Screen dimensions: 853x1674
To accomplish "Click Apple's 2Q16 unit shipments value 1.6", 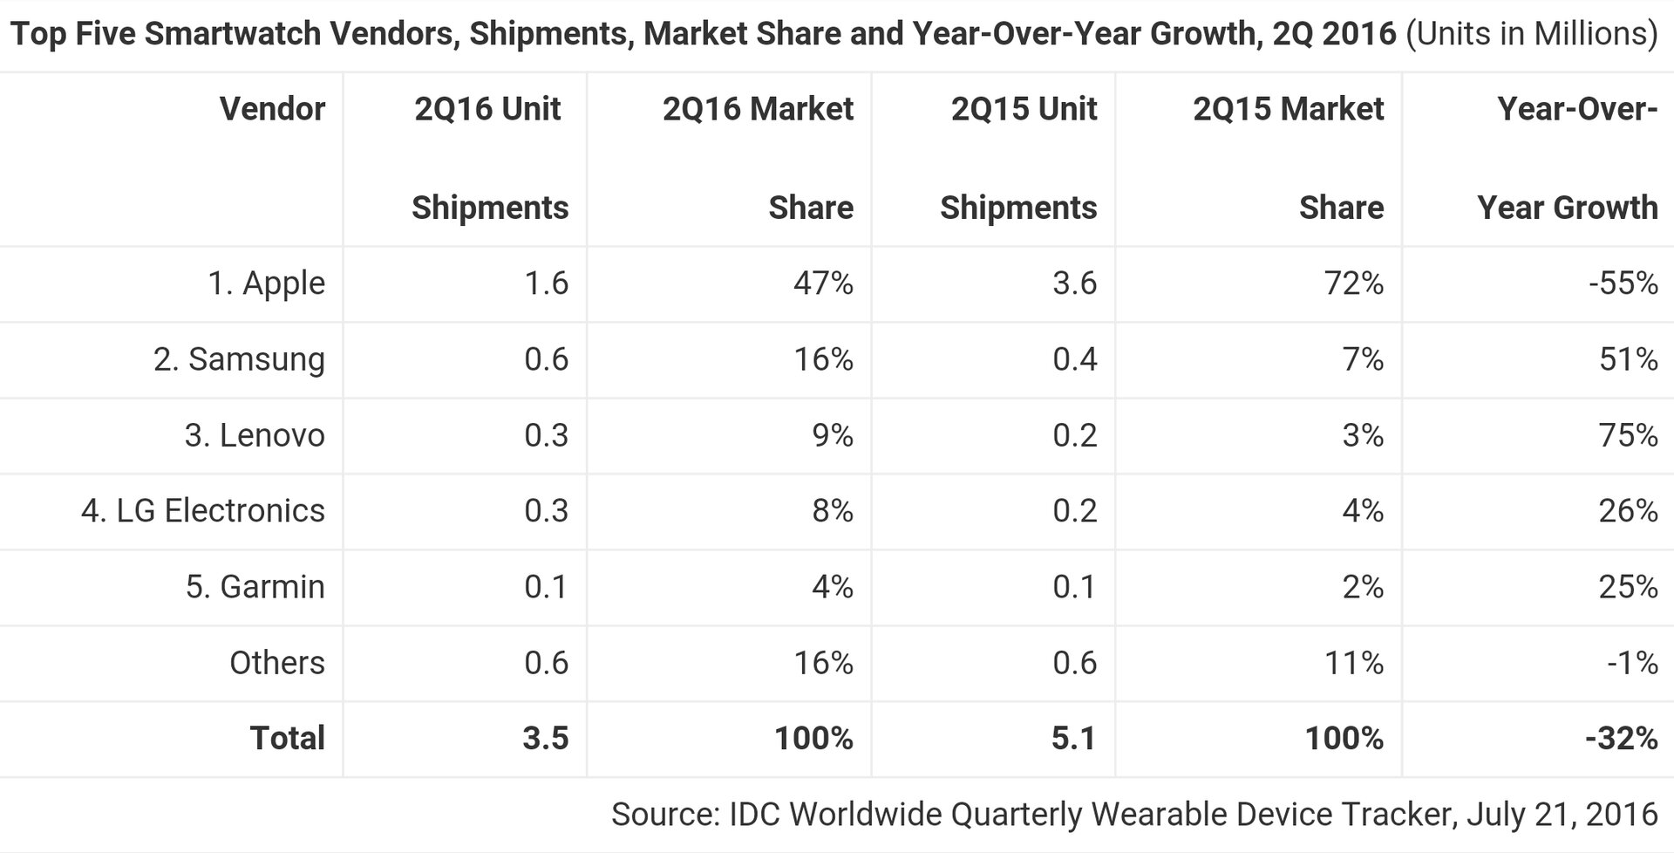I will (x=546, y=283).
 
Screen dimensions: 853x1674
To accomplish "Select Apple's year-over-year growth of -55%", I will (x=1623, y=283).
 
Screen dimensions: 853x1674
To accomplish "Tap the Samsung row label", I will (x=239, y=359).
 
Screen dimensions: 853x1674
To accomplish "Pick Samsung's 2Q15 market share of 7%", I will (x=1363, y=359).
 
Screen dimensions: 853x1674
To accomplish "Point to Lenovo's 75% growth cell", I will (x=1628, y=435).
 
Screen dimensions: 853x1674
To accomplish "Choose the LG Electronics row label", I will (x=202, y=511).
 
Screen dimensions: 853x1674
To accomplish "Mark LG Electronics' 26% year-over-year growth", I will (x=1628, y=511).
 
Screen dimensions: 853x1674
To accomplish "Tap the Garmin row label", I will (x=255, y=587).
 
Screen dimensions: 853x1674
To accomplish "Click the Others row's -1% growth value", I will (x=1632, y=663).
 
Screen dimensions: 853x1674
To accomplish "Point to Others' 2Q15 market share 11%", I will (x=1352, y=663).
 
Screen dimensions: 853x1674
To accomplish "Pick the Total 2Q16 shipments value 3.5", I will (x=545, y=739).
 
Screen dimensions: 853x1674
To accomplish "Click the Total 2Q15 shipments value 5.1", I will (x=1073, y=739).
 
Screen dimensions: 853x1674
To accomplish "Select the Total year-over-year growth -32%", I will (x=1621, y=739).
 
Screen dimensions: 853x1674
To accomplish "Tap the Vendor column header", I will (x=272, y=109).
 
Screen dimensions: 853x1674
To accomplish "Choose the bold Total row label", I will (x=287, y=739).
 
